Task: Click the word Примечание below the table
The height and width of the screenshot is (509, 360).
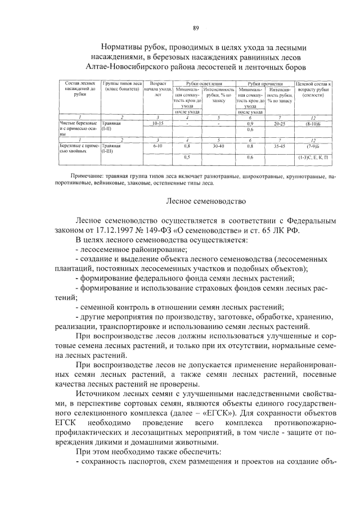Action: point(82,176)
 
